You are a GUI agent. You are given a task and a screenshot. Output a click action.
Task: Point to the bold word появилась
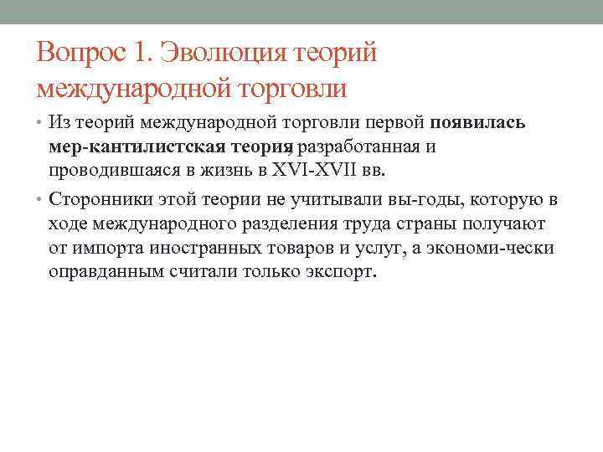pos(478,123)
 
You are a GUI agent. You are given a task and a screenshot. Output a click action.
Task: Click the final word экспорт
pos(343,272)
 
